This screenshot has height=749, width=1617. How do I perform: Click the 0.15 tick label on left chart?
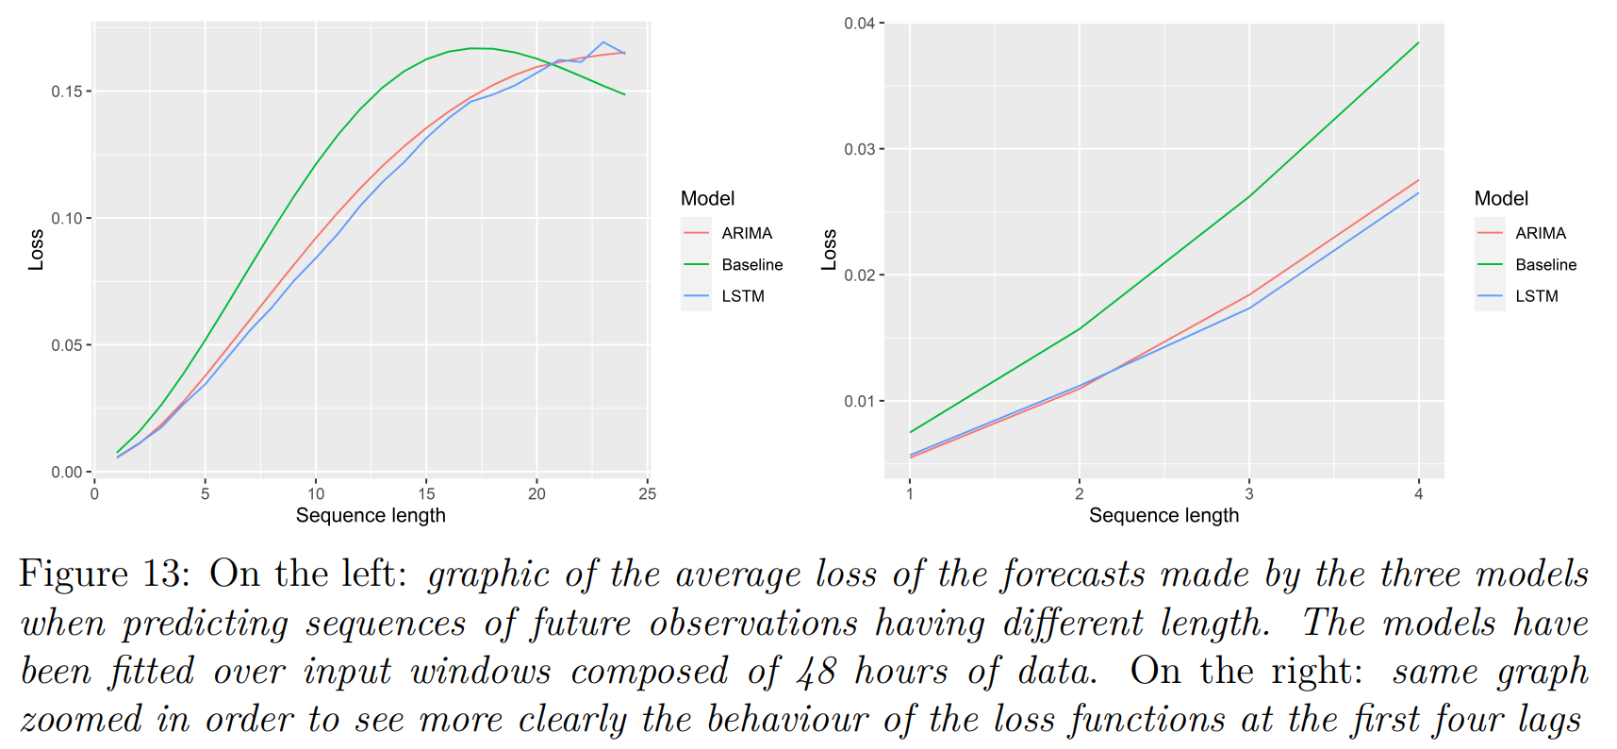(67, 92)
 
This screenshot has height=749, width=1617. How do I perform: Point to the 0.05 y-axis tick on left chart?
(67, 345)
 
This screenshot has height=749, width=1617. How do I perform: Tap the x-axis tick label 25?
(647, 493)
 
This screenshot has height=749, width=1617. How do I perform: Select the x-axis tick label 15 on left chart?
(426, 493)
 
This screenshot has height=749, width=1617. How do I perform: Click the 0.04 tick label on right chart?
(859, 24)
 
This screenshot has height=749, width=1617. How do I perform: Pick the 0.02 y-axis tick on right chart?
(859, 275)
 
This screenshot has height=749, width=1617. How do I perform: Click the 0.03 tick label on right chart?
(859, 149)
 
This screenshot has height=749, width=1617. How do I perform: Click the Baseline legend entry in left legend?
(751, 265)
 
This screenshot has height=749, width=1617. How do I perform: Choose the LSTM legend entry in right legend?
(1536, 296)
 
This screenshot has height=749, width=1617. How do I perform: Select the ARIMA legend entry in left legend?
(746, 233)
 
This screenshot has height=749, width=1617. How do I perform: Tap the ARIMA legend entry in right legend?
(1540, 233)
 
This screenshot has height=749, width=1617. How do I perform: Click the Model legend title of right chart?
(1501, 199)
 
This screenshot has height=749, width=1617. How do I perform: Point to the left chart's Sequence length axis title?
(371, 515)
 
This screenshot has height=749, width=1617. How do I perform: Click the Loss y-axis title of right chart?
(829, 250)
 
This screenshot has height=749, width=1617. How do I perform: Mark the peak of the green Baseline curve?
(476, 48)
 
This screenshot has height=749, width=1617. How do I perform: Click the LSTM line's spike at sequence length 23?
(603, 42)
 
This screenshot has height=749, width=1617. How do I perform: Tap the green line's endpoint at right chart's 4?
(1418, 43)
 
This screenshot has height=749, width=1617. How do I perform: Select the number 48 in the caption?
(817, 672)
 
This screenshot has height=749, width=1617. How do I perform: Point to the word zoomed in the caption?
(80, 720)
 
